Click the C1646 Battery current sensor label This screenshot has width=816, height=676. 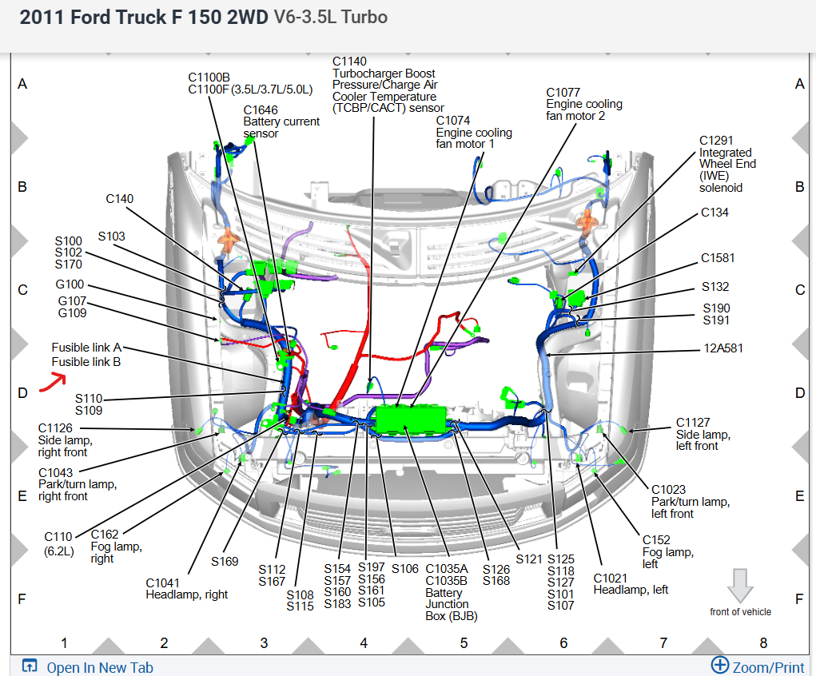tap(281, 121)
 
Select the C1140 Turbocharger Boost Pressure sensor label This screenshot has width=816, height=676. tap(388, 85)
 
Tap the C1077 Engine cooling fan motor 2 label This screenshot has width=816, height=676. tap(583, 104)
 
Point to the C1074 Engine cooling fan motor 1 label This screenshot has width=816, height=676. tap(475, 132)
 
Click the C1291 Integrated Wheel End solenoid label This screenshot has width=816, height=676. tap(726, 164)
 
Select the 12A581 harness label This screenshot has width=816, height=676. tap(722, 348)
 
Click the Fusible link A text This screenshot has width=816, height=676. tap(86, 348)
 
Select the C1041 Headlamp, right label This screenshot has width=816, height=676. tap(186, 588)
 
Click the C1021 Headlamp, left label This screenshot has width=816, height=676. tap(631, 583)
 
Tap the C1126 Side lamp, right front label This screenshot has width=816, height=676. tap(66, 440)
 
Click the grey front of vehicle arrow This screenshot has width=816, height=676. tap(740, 586)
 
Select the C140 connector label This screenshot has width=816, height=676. tap(120, 199)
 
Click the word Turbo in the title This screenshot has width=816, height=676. tap(365, 18)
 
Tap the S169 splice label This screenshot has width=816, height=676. tap(225, 562)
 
